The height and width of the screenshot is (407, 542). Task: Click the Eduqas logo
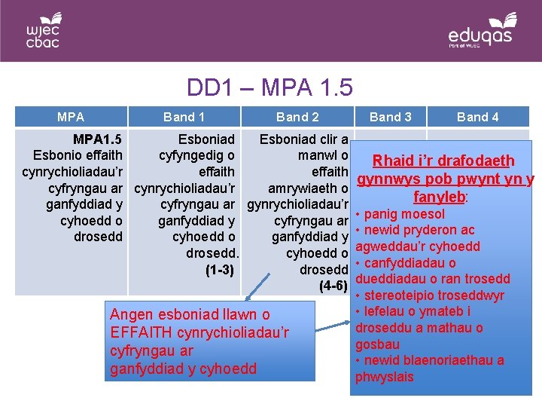pos(483,31)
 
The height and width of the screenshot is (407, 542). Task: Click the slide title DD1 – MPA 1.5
pos(269,87)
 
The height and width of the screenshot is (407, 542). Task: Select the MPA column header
pos(71,117)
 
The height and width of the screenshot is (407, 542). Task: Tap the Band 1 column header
pos(184,117)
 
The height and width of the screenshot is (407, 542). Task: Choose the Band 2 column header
pos(297,117)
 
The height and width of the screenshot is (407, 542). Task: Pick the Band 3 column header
pos(391,117)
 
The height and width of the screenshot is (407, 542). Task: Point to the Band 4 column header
pos(478,117)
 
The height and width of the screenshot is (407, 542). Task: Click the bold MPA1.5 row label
pos(98,139)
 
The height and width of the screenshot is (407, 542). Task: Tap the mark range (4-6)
pos(333,286)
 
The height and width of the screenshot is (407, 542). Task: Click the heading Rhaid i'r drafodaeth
pos(443,161)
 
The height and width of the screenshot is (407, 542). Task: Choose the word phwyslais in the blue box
pos(384,377)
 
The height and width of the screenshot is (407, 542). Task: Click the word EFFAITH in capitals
pos(142,332)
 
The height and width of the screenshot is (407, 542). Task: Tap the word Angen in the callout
pos(131,314)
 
